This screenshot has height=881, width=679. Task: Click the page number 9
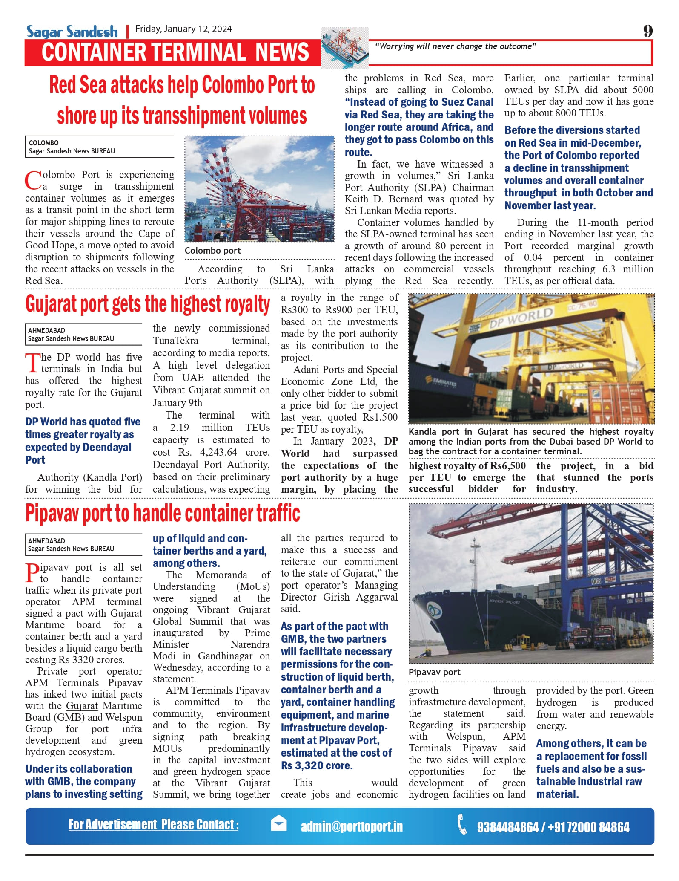(x=647, y=31)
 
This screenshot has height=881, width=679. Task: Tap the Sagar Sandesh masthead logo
(x=72, y=32)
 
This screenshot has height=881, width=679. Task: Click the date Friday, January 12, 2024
(x=183, y=29)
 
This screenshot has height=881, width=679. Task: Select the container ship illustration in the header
(x=345, y=48)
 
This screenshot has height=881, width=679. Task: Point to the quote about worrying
(x=455, y=46)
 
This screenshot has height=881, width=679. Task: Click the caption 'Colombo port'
(x=212, y=251)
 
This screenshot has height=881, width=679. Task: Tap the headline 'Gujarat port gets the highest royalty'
(x=147, y=304)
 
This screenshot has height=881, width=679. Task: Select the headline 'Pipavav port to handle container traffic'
(x=163, y=514)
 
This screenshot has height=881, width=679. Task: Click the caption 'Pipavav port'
(x=434, y=672)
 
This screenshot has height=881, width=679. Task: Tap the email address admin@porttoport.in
(x=352, y=827)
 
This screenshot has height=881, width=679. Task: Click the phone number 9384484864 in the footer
(x=507, y=827)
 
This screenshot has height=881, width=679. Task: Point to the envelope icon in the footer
(x=279, y=823)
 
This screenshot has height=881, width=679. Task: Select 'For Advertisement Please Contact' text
(x=153, y=825)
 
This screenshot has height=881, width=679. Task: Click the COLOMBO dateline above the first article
(x=44, y=143)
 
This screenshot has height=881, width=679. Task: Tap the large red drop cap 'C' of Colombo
(x=33, y=181)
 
